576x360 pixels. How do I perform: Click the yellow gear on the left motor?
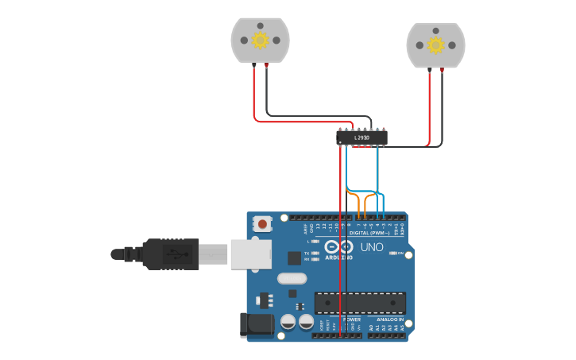[260, 40]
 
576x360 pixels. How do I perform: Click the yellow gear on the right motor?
[435, 45]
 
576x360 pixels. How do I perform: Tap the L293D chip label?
[361, 138]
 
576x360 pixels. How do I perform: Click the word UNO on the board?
[373, 247]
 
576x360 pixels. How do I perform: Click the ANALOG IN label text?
[390, 319]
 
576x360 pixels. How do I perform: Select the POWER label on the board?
[351, 319]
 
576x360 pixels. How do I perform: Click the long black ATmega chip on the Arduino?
[360, 302]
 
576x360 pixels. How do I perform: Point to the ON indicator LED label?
[401, 253]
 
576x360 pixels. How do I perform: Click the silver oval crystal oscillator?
[292, 278]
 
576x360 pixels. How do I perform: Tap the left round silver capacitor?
[288, 321]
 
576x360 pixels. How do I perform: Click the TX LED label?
[307, 253]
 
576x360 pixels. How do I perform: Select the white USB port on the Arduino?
[251, 254]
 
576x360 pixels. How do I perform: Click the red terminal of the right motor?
[430, 70]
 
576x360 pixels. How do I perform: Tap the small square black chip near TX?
[294, 257]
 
